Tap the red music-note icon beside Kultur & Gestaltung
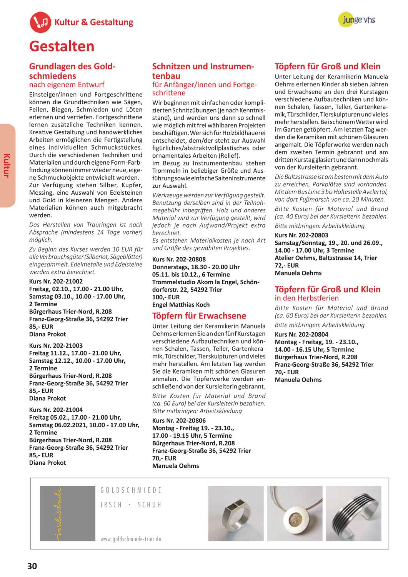click(x=40, y=22)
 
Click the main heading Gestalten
click(x=62, y=46)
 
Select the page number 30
click(x=32, y=565)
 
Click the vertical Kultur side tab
click(x=7, y=165)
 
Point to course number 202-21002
click(x=56, y=281)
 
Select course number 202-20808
click(x=179, y=259)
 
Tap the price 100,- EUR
click(x=166, y=297)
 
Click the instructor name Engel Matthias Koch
click(x=181, y=305)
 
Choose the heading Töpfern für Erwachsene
click(x=199, y=316)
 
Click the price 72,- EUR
click(x=286, y=265)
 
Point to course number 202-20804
click(x=301, y=334)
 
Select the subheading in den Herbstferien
click(x=307, y=298)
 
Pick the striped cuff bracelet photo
click(x=353, y=514)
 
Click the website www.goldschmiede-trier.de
click(x=131, y=539)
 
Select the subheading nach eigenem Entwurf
click(x=67, y=85)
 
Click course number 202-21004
click(x=56, y=410)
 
